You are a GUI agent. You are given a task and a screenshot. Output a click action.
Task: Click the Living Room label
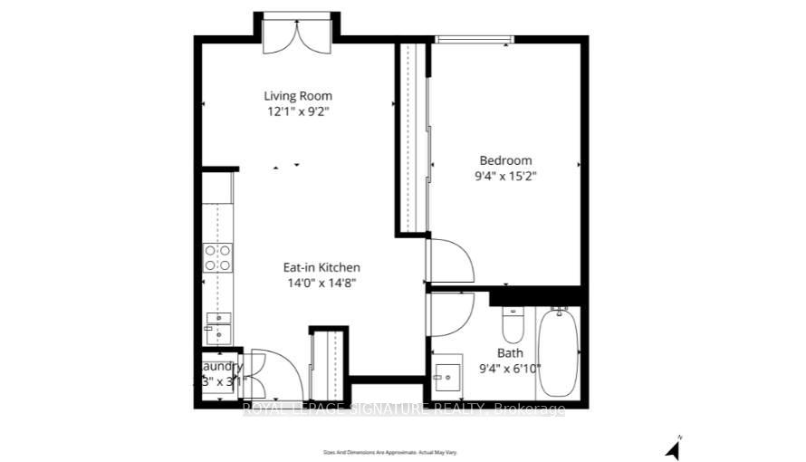point(298,96)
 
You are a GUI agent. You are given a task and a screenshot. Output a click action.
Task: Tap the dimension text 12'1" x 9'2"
point(298,112)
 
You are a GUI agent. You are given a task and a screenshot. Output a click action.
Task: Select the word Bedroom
point(506,160)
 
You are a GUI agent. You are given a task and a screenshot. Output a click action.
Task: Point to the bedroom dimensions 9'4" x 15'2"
point(506,177)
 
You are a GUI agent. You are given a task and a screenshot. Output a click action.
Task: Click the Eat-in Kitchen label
point(321,267)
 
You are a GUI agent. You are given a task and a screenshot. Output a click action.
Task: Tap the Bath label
point(510,352)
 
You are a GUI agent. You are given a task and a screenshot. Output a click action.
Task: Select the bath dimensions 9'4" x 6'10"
point(510,369)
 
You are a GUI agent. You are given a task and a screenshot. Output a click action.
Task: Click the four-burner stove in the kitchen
point(216,258)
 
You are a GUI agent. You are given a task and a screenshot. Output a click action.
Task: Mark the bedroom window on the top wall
point(475,39)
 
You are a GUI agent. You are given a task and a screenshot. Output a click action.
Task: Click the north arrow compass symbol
point(672,448)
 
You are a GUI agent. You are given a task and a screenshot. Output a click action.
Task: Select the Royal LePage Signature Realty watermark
point(404,410)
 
